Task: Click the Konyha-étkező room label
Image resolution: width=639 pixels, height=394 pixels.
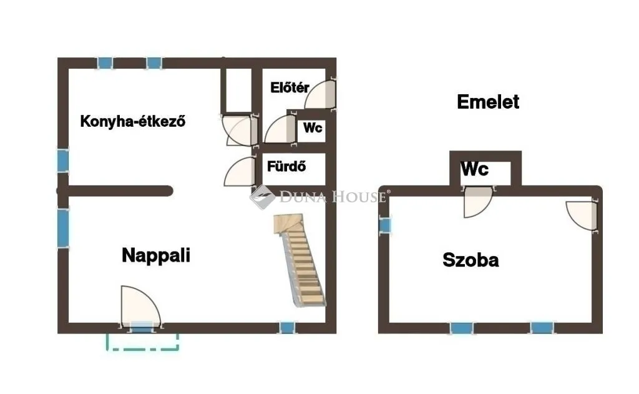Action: [x=133, y=121]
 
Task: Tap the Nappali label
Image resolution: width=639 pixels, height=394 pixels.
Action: [x=155, y=255]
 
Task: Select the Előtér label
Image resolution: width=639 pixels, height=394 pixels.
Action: [x=290, y=87]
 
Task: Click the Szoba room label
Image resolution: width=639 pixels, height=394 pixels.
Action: [x=471, y=260]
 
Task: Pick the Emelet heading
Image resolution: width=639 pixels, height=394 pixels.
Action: [x=488, y=102]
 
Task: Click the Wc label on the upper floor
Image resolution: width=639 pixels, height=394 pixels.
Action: [x=475, y=169]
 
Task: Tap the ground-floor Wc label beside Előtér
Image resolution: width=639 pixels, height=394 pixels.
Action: [x=313, y=128]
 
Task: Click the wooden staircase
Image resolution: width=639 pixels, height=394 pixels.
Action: [x=301, y=261]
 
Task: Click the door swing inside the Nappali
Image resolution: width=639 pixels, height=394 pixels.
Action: [x=139, y=305]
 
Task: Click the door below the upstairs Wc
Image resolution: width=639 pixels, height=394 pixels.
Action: [x=478, y=202]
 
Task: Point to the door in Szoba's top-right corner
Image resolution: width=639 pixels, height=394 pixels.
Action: [x=581, y=215]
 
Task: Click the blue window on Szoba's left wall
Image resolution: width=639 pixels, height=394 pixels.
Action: [x=385, y=225]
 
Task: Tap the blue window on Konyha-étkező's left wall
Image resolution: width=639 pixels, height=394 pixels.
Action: [x=62, y=160]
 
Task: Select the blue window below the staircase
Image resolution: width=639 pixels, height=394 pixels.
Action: [x=287, y=327]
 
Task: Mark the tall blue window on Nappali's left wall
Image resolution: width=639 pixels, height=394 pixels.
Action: [x=63, y=228]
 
